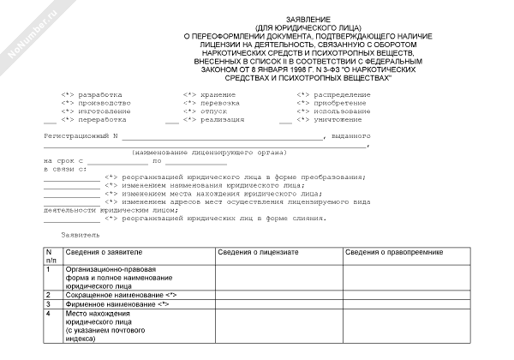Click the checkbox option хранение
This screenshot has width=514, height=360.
coord(189,93)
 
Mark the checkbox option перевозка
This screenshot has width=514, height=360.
coord(189,103)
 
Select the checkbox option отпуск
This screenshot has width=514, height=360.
coord(189,111)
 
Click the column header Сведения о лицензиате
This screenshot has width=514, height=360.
coord(257,253)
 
